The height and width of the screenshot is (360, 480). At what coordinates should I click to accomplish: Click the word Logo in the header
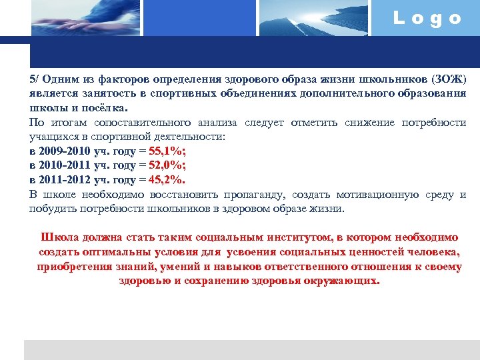tap(427, 19)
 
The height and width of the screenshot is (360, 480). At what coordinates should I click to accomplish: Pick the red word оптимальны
tap(109, 252)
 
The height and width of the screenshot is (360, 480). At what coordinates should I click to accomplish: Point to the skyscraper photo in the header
tap(313, 17)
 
